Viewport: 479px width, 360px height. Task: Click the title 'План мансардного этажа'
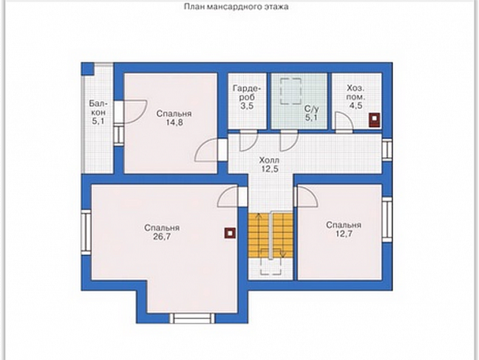click(236, 6)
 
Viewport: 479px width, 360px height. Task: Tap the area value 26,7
click(162, 237)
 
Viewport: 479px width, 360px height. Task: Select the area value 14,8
click(174, 123)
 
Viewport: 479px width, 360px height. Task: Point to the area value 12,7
click(343, 234)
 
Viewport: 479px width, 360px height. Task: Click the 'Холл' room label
click(269, 160)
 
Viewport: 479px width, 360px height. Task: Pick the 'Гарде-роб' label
click(247, 93)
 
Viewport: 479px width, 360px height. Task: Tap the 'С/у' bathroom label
click(311, 109)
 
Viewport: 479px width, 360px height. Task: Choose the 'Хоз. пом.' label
click(356, 93)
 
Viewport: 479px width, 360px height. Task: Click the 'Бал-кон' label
click(97, 107)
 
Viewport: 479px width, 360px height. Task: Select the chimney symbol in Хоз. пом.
click(374, 120)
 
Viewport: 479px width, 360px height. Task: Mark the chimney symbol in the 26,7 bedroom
click(230, 233)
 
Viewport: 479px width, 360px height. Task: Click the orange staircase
click(270, 234)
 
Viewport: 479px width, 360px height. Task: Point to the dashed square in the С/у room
click(291, 92)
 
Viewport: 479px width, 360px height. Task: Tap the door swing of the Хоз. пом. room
click(343, 121)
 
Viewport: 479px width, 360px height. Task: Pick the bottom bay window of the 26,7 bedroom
click(192, 318)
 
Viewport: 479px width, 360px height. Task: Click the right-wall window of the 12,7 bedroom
click(387, 219)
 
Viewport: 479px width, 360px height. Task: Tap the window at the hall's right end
click(387, 150)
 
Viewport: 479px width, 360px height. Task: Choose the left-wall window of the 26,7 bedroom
click(86, 232)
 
